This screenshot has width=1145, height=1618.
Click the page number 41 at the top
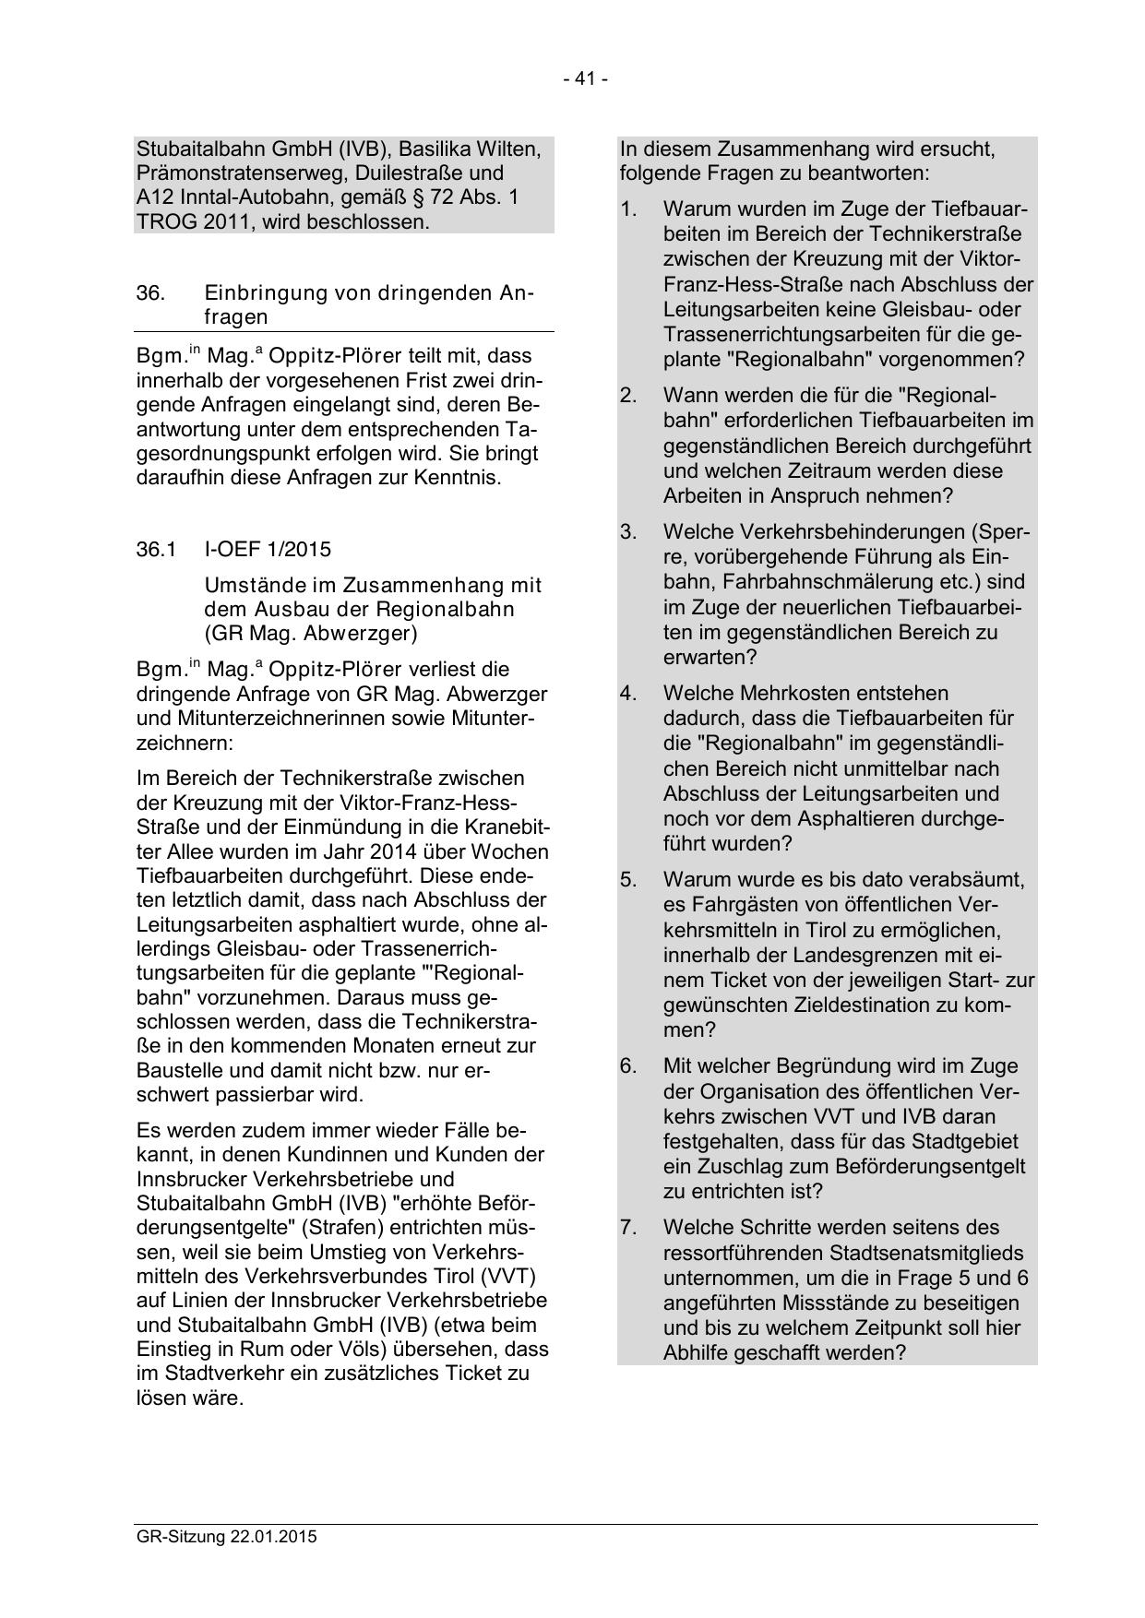point(585,79)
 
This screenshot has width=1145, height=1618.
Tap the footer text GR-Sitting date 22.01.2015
point(226,1537)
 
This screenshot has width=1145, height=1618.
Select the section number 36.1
point(156,550)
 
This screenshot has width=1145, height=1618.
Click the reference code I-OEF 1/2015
point(267,550)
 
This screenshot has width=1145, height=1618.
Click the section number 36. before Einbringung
point(150,293)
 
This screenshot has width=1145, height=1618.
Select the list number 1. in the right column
point(628,209)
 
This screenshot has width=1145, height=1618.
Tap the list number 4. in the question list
point(628,693)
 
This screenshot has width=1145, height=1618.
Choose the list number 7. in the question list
point(628,1228)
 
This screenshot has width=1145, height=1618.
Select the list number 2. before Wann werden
point(628,396)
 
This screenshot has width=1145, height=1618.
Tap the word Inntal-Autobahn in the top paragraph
point(233,198)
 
